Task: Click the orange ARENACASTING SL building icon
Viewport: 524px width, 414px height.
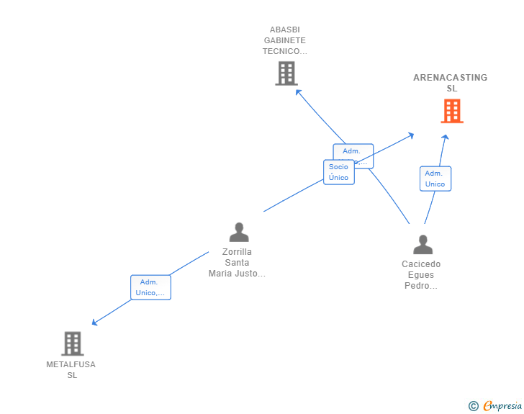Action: coord(451,111)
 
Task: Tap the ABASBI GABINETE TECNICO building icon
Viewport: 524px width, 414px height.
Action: coord(286,73)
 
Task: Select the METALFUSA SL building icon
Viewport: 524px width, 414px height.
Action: coord(72,343)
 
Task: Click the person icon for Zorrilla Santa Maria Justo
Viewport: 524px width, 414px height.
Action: coord(238,232)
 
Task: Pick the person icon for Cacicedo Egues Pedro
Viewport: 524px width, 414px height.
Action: coord(423,244)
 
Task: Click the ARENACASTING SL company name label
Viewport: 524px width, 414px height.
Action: coord(451,83)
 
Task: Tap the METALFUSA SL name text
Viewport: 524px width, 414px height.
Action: coord(71,369)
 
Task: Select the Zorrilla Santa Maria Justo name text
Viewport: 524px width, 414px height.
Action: coord(237,262)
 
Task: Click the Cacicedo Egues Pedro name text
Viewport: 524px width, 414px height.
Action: coord(421,274)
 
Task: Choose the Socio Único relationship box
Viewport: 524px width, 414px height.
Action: coord(338,172)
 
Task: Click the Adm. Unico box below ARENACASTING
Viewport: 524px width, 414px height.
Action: coord(435,179)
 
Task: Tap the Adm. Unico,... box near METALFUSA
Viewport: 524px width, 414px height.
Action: coord(150,287)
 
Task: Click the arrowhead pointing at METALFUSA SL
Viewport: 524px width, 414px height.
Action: coord(94,323)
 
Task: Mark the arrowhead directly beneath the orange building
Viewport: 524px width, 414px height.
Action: coord(445,137)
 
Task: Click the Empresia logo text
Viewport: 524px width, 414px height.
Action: coord(502,406)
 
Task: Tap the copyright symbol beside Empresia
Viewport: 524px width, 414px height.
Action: coord(473,406)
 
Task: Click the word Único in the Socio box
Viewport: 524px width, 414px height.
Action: coord(338,177)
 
